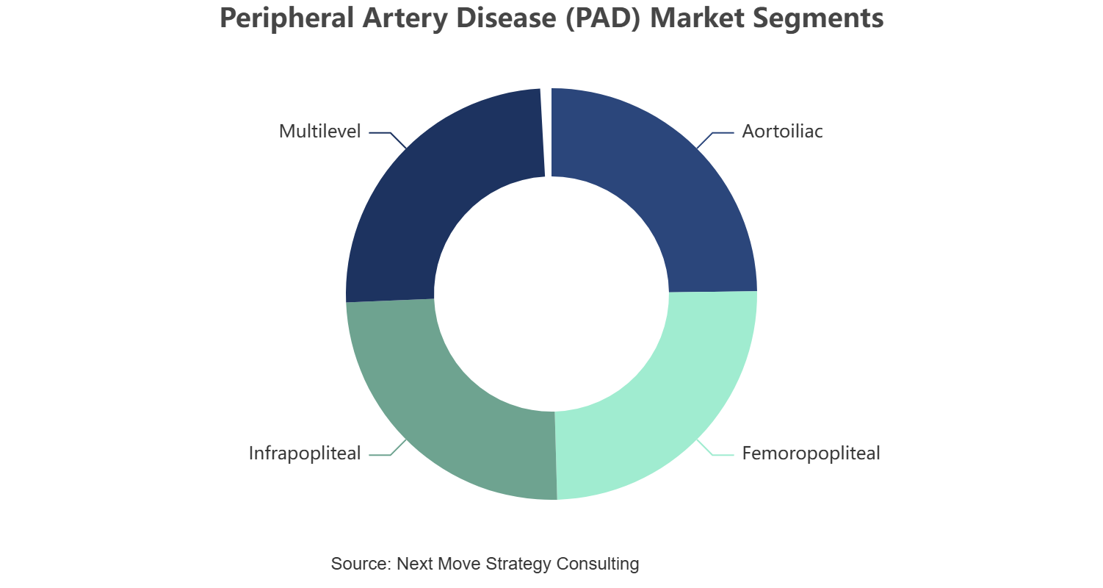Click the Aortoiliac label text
[x=782, y=132]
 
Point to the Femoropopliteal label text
[x=811, y=453]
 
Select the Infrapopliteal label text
[x=305, y=453]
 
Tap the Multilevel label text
[x=320, y=132]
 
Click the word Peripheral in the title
[x=286, y=18]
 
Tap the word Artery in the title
[x=405, y=18]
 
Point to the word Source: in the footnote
[x=361, y=563]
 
